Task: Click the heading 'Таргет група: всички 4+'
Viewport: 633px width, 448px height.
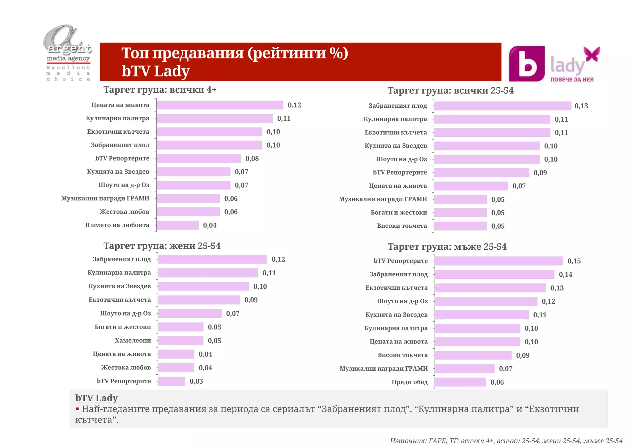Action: [160, 90]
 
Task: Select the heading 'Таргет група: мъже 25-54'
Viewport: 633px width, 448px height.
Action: [447, 247]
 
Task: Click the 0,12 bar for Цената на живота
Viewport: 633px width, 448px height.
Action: [220, 105]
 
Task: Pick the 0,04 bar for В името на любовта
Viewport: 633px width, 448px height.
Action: [178, 225]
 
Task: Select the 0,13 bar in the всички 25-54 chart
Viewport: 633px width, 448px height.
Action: [503, 106]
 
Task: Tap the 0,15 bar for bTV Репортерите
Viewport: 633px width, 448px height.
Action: [499, 261]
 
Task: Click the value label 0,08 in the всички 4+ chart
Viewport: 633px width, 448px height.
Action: [252, 159]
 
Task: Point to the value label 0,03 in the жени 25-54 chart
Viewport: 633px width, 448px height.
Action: [196, 381]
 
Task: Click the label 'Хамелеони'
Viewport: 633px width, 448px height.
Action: [133, 341]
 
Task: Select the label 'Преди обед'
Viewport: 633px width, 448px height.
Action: [410, 382]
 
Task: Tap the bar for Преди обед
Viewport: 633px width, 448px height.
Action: [461, 382]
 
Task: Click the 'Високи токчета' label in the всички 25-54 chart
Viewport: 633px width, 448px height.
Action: [402, 226]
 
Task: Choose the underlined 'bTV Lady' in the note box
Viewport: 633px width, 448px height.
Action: [96, 398]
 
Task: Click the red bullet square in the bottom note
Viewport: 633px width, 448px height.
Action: [77, 409]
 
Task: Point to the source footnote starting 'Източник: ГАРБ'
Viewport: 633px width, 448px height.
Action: [506, 441]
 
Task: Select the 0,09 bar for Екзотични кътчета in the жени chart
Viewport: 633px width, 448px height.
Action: [199, 300]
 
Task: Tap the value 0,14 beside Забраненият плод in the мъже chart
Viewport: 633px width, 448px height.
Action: [565, 274]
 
